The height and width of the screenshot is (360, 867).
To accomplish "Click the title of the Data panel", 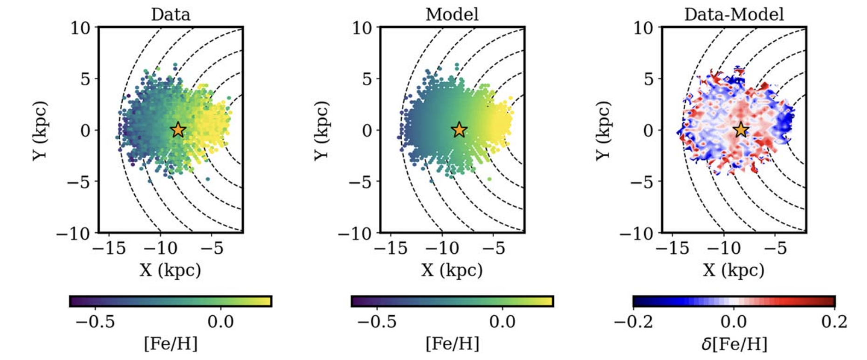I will [171, 14].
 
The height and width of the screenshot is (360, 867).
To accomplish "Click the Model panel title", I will [452, 14].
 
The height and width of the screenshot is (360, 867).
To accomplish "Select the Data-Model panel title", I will [734, 14].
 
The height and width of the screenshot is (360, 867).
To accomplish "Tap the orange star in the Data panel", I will [178, 130].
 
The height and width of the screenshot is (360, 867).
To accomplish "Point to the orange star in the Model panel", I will [459, 130].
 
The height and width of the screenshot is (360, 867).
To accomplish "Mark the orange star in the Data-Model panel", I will [741, 130].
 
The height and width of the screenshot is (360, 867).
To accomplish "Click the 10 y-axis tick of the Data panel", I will [80, 28].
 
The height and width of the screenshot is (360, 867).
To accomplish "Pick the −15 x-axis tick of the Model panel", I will [391, 248].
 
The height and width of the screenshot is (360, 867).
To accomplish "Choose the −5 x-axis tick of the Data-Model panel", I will [776, 248].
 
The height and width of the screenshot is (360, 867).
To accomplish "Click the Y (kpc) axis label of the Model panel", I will [321, 130].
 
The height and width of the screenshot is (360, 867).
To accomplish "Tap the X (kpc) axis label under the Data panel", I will [170, 270].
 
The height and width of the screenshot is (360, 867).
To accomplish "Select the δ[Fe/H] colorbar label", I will [734, 344].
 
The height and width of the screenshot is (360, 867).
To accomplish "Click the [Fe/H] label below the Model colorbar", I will [452, 344].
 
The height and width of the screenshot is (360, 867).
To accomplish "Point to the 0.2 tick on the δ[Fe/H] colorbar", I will [834, 321].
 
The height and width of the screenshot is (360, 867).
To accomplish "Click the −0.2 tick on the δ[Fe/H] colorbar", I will [633, 321].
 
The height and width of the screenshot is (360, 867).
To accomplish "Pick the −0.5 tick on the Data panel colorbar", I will [95, 321].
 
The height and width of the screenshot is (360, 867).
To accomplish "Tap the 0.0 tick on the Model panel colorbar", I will [502, 321].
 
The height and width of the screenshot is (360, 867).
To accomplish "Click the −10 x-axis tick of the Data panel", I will [161, 248].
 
